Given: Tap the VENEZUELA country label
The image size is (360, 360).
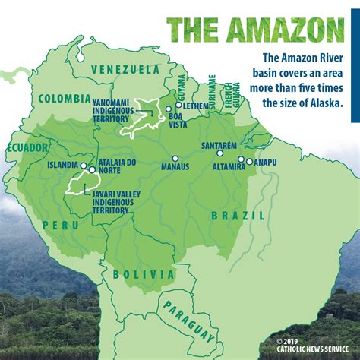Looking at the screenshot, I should [125, 69].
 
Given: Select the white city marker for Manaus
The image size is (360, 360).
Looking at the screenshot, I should [175, 159].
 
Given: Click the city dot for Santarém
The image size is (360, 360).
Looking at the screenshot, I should [220, 153].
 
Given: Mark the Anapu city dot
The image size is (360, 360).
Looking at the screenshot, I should [249, 161].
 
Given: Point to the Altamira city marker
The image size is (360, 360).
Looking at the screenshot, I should [241, 159].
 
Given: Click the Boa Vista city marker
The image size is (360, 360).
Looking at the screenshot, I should [169, 109].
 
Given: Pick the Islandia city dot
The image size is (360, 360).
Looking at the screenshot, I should [83, 164].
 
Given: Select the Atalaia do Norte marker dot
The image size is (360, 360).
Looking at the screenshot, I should [92, 170].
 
